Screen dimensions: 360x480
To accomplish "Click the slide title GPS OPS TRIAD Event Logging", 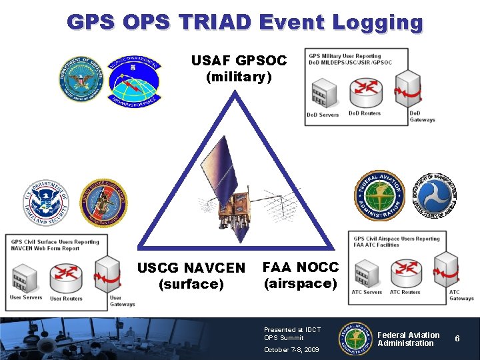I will (x=245, y=23).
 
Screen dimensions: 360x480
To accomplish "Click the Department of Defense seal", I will (x=81, y=79).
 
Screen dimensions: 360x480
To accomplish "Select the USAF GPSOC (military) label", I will (x=239, y=69).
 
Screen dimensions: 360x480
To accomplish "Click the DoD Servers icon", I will (x=322, y=93).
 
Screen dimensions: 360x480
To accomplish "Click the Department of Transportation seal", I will (x=433, y=196).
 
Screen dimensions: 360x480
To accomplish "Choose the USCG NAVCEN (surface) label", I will (x=191, y=276).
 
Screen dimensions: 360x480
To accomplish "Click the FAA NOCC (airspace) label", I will (x=301, y=275).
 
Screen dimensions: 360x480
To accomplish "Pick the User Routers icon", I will (x=65, y=275).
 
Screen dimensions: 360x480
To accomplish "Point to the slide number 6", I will (x=457, y=339).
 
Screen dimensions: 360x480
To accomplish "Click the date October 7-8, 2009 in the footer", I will (x=291, y=349).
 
